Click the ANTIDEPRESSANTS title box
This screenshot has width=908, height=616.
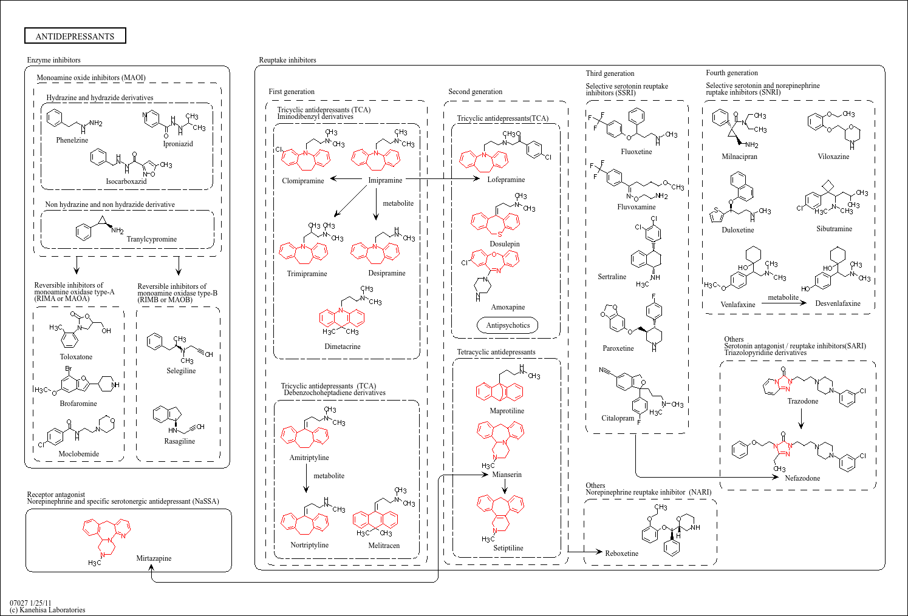[75, 36]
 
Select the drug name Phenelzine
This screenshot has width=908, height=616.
[72, 140]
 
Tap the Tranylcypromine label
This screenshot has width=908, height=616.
[151, 239]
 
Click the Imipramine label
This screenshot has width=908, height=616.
[385, 180]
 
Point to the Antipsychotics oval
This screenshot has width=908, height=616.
[508, 325]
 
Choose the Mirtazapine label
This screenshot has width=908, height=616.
[154, 558]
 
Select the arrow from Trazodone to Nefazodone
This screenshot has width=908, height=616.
[801, 418]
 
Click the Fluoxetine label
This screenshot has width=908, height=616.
[636, 152]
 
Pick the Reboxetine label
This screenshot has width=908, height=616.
[621, 553]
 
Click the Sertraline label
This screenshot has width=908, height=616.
[612, 277]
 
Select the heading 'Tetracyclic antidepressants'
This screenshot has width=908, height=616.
[496, 352]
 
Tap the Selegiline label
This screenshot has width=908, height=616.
[181, 371]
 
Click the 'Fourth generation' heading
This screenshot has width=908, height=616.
[731, 73]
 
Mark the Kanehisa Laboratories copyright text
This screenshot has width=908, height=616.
[47, 610]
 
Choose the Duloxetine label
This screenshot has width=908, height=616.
[737, 230]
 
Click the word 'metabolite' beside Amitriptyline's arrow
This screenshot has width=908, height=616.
[329, 476]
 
